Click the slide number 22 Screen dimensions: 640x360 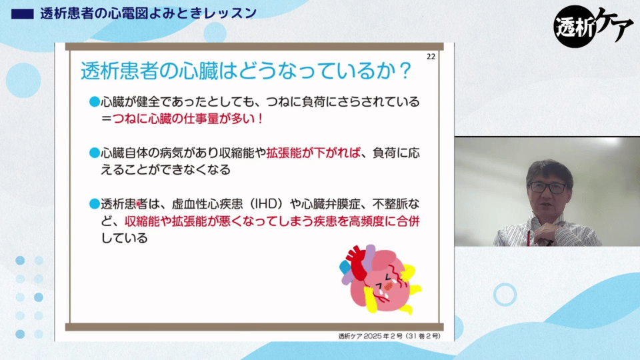[431, 57]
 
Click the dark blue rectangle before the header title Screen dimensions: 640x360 [23, 14]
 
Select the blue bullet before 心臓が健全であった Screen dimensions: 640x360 [95, 101]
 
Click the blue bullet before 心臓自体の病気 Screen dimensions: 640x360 [95, 153]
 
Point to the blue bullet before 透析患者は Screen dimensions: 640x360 [95, 204]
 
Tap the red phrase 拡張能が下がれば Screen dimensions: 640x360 [313, 153]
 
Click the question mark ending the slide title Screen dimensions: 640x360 [405, 71]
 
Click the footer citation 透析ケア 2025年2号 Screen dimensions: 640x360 [389, 336]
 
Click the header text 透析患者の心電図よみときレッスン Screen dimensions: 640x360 [149, 13]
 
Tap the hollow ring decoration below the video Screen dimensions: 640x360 [505, 294]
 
